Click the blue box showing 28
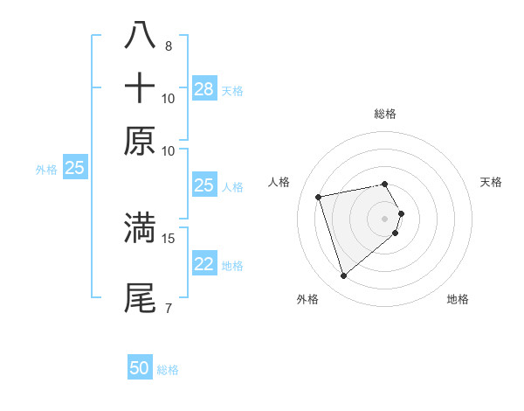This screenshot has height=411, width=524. (203, 89)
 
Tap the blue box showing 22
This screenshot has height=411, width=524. (203, 265)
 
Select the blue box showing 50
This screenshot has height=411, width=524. (140, 368)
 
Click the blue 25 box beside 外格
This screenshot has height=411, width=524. (74, 168)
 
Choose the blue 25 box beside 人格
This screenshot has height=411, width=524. (203, 185)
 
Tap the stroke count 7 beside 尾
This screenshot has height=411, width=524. (168, 308)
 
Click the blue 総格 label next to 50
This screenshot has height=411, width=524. (168, 370)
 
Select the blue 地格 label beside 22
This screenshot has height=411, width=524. (232, 266)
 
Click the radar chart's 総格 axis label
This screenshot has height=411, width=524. (384, 114)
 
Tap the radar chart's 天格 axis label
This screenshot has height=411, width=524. (492, 182)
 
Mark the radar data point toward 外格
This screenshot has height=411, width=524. (344, 276)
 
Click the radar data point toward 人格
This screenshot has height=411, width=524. (319, 196)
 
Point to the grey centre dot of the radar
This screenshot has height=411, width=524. (384, 218)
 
